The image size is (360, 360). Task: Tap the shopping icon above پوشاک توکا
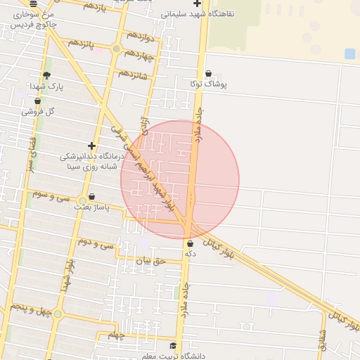point(208,73)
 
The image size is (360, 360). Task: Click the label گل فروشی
point(38,111)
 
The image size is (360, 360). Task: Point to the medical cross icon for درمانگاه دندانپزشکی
point(91,146)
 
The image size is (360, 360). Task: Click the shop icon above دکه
point(190,243)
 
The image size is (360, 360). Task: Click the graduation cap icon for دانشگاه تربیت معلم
point(173,345)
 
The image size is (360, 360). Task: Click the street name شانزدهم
point(133,73)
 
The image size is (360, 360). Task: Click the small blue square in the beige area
point(350,53)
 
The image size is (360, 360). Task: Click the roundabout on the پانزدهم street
point(116,49)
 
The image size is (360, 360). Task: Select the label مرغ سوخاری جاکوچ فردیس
point(25,18)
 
